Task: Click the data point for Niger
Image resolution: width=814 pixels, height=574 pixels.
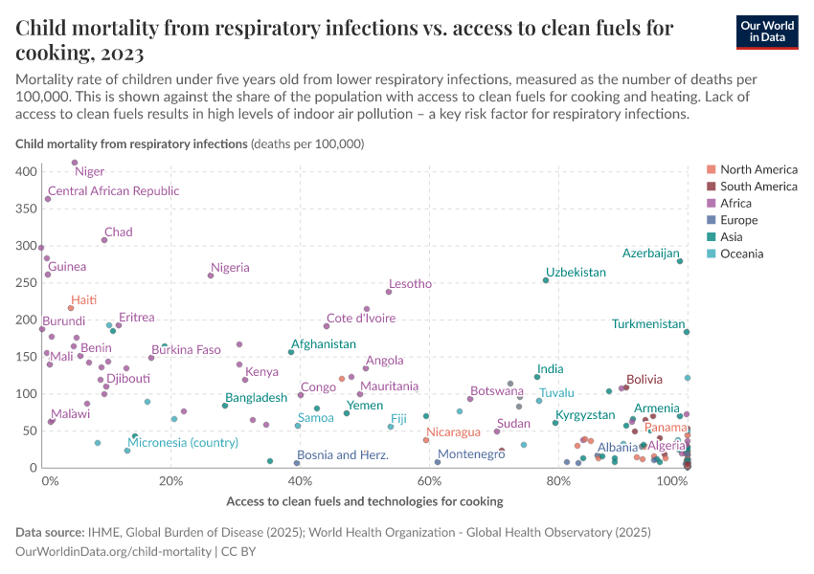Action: pyautogui.click(x=75, y=163)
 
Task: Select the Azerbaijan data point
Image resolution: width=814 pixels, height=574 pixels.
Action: pyautogui.click(x=680, y=261)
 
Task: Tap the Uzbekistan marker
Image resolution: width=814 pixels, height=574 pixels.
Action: pyautogui.click(x=546, y=280)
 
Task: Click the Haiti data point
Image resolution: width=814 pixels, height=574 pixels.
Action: pyautogui.click(x=71, y=308)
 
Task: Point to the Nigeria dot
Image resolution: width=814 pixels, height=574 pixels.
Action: pyautogui.click(x=211, y=276)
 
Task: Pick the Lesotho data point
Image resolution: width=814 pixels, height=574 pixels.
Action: pyautogui.click(x=389, y=292)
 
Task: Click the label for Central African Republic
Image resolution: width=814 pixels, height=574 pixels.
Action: pyautogui.click(x=113, y=191)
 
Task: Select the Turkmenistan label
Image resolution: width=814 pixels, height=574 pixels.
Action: pyautogui.click(x=648, y=324)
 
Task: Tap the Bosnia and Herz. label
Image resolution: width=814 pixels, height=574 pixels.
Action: pyautogui.click(x=343, y=455)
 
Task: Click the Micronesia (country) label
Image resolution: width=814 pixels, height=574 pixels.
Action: pyautogui.click(x=183, y=443)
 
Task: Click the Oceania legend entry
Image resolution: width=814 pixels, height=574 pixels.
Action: pyautogui.click(x=740, y=254)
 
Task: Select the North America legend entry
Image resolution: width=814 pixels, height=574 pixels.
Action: pyautogui.click(x=757, y=169)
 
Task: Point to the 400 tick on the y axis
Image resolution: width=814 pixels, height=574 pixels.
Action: pyautogui.click(x=26, y=171)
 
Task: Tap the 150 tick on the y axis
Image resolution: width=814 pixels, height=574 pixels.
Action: pyautogui.click(x=26, y=357)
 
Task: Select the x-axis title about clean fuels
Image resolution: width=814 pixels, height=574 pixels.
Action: pyautogui.click(x=365, y=501)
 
